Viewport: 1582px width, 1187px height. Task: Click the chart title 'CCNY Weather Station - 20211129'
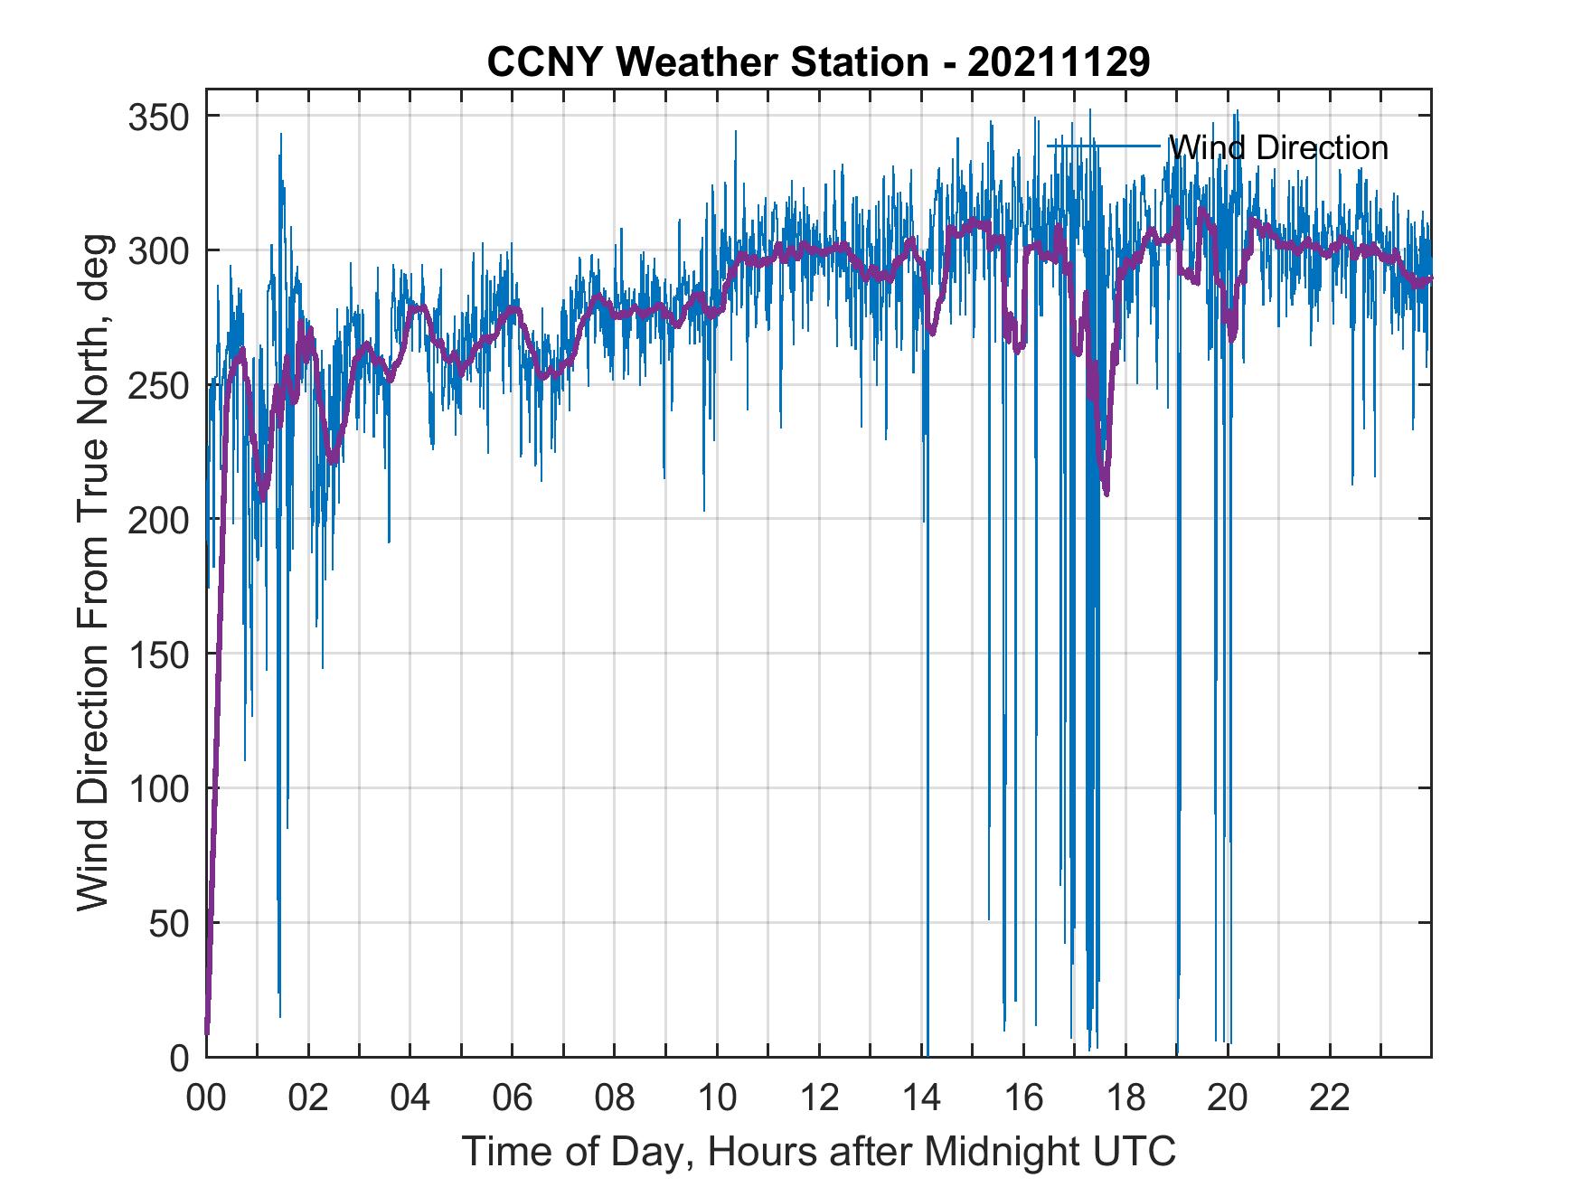(818, 62)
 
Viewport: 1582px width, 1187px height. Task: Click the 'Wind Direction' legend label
(1277, 147)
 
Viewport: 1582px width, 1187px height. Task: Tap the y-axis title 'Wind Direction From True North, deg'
(93, 572)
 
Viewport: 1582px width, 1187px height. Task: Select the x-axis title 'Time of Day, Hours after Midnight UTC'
(818, 1151)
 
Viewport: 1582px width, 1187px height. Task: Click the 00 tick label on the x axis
(206, 1099)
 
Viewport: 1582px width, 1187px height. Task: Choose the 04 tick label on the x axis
(410, 1099)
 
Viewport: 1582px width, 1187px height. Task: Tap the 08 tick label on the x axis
(615, 1099)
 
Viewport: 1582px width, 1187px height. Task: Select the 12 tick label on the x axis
(819, 1099)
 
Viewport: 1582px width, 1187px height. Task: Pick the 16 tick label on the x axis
(1023, 1099)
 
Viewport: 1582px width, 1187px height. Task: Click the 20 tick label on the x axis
(1228, 1099)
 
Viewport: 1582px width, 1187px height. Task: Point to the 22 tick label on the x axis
(1330, 1099)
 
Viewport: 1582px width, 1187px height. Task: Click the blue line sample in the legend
(1103, 146)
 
